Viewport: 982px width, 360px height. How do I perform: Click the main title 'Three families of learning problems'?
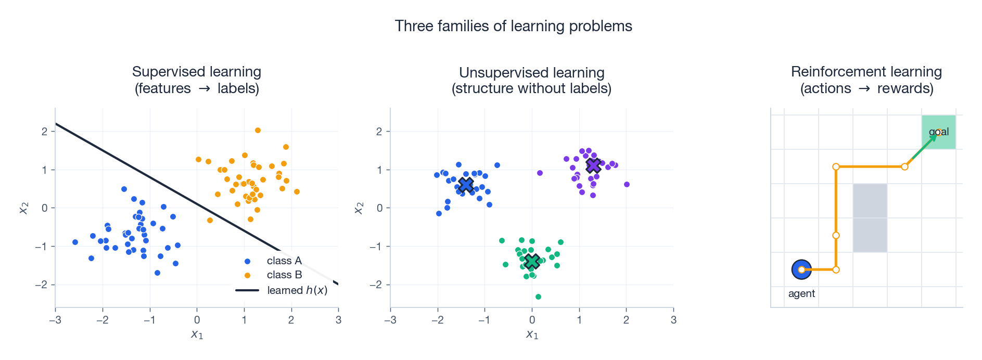(x=513, y=26)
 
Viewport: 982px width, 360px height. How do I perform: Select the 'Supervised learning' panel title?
(x=197, y=72)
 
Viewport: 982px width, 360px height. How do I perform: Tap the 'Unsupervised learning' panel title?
(x=531, y=73)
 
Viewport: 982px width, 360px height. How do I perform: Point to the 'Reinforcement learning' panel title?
(x=866, y=72)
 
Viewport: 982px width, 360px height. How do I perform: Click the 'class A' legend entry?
(x=284, y=261)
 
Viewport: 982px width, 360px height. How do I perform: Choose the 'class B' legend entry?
(x=284, y=275)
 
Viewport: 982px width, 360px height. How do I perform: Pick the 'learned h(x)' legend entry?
(x=297, y=290)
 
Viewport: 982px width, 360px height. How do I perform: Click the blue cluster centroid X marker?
(x=466, y=184)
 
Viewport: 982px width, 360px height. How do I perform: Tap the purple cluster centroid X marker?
(x=593, y=166)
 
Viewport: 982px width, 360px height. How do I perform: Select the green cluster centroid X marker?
(x=532, y=262)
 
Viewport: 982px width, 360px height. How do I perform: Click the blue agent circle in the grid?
(x=801, y=269)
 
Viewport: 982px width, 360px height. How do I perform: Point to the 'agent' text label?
(x=801, y=293)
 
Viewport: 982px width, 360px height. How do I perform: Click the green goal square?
(x=938, y=132)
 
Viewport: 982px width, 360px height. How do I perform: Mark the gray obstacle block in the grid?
(x=870, y=218)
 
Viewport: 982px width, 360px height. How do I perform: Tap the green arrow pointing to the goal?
(x=924, y=147)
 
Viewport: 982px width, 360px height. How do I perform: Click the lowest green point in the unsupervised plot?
(x=538, y=297)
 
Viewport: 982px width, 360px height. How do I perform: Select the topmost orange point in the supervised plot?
(x=258, y=131)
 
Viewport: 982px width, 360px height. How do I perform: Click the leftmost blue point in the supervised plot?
(x=75, y=242)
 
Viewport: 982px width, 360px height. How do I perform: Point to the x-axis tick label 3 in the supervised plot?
(x=338, y=320)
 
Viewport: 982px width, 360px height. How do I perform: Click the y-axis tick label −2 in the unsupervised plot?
(x=376, y=285)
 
